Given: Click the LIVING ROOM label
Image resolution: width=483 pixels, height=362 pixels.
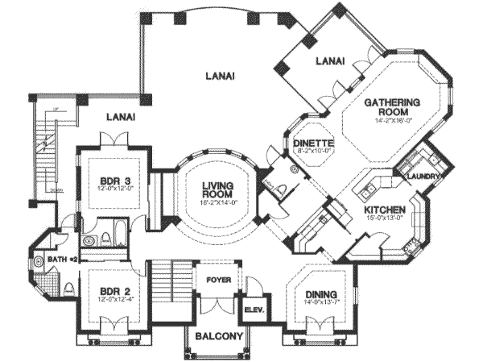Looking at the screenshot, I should coord(217,189).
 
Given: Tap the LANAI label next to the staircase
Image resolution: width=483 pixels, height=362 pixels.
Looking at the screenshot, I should coord(118,117).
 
